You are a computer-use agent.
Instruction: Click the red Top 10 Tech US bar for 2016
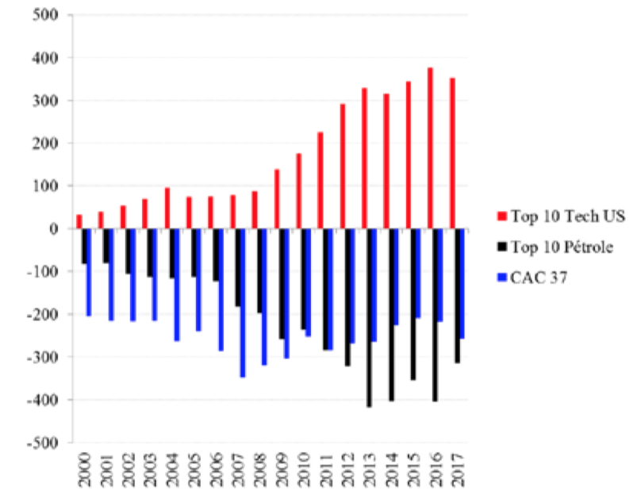point(430,147)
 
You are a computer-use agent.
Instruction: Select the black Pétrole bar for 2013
point(369,318)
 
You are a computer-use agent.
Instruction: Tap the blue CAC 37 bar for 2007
point(243,303)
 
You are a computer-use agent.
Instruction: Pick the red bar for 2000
point(79,222)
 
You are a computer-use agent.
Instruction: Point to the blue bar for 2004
point(177,285)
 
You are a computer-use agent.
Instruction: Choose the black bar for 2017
point(457,296)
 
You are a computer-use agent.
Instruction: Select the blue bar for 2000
point(89,272)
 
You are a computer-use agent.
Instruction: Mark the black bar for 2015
point(413,305)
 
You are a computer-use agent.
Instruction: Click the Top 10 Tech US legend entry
point(561,216)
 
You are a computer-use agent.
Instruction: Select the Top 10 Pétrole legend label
point(562,247)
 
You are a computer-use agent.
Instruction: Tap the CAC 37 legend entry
point(532,278)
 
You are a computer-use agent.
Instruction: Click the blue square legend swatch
point(502,278)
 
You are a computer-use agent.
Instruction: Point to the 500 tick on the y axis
point(45,15)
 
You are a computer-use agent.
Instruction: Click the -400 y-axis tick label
point(43,400)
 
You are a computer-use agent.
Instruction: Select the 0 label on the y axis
point(54,228)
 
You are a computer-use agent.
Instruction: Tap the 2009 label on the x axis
point(282,470)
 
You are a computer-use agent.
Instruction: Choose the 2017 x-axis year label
point(458,470)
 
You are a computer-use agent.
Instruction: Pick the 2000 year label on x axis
point(84,470)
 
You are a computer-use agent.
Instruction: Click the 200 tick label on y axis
point(45,144)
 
